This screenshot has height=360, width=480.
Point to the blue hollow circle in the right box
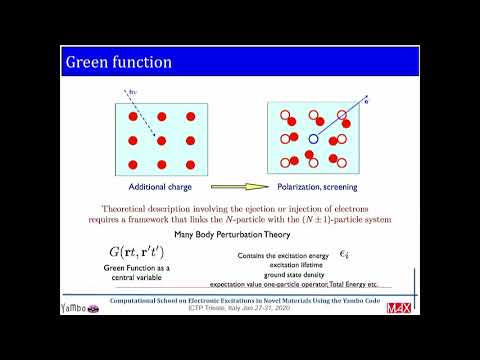pyautogui.click(x=313, y=139)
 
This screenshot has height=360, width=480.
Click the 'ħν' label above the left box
pyautogui.click(x=132, y=92)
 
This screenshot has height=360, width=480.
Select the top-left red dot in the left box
pyautogui.click(x=132, y=117)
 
